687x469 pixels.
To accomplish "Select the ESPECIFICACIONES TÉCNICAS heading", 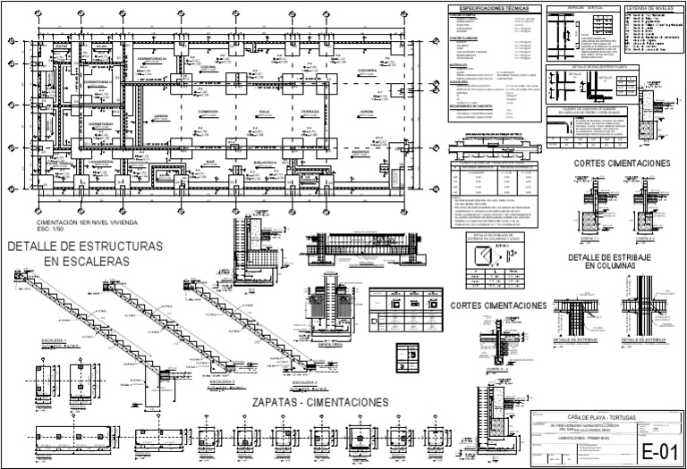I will [487, 8].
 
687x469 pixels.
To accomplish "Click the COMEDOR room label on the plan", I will [208, 112].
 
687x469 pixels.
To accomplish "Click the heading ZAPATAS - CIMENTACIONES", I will [319, 403].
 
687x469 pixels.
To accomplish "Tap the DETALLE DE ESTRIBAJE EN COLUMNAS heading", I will [614, 262].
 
